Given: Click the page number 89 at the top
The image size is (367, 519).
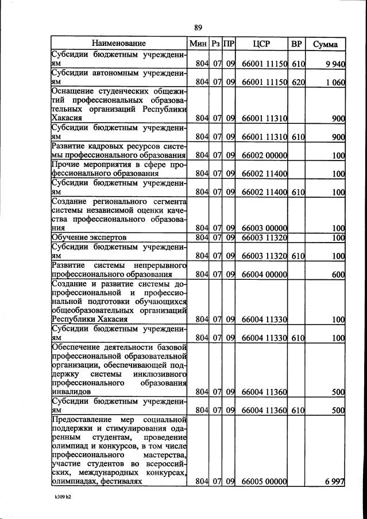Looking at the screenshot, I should coord(198,27).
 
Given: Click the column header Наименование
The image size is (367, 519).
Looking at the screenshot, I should coord(118,44).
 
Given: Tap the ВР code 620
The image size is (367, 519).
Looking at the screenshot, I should coord(298,83).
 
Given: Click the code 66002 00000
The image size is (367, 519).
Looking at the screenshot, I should coord(264,155).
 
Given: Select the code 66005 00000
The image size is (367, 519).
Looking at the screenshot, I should coord(264,482).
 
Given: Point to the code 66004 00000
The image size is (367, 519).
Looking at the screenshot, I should coord(264,274).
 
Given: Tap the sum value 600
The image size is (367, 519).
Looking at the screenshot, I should coord(338,274).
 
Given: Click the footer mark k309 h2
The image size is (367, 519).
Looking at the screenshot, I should coord(59,508).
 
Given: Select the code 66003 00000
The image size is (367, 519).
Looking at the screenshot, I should coord(264,228).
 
